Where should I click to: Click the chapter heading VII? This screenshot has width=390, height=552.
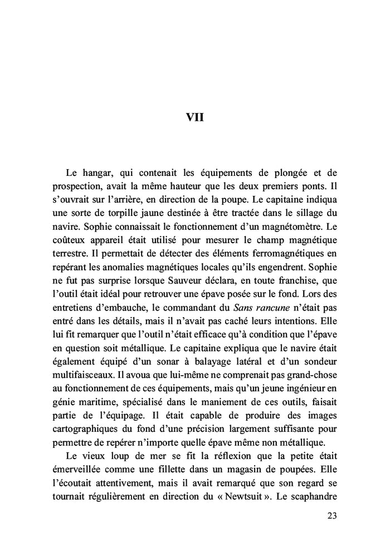point(194,117)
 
